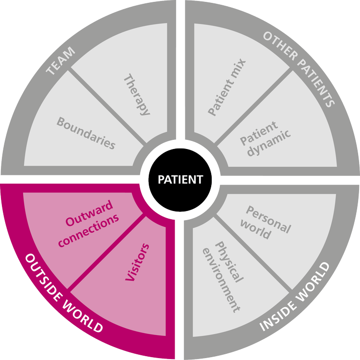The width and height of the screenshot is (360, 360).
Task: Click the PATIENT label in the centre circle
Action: click(180, 180)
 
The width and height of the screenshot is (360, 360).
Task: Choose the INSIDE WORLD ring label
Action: click(295, 297)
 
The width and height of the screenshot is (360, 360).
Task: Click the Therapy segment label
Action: click(137, 94)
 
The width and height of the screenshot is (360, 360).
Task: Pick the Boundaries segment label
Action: click(86, 132)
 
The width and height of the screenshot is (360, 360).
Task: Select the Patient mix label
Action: click(227, 87)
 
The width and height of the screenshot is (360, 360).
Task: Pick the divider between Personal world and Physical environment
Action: click(252, 253)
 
